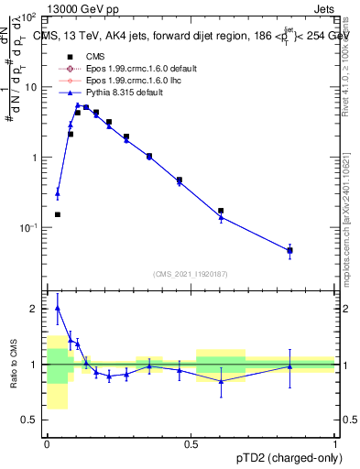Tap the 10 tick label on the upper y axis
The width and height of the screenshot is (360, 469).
point(31,87)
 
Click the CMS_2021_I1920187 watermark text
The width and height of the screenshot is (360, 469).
point(191,274)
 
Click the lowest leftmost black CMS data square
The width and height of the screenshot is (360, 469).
point(57,214)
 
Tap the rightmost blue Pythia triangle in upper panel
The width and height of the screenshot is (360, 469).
point(289,249)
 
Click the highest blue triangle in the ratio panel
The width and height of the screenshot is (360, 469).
point(57,308)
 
